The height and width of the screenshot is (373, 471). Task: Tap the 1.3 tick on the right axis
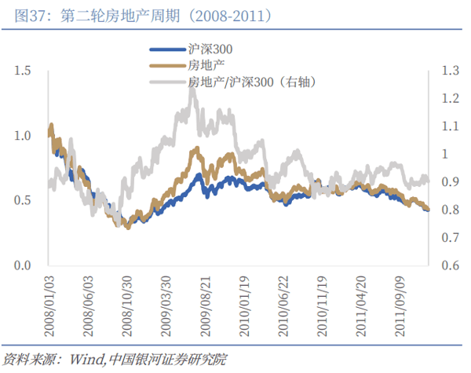tap(450, 71)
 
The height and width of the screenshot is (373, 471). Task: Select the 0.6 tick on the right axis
tap(450, 265)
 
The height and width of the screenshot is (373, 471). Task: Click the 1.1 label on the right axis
tap(450, 126)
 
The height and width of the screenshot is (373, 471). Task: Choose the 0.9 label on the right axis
tap(450, 182)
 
